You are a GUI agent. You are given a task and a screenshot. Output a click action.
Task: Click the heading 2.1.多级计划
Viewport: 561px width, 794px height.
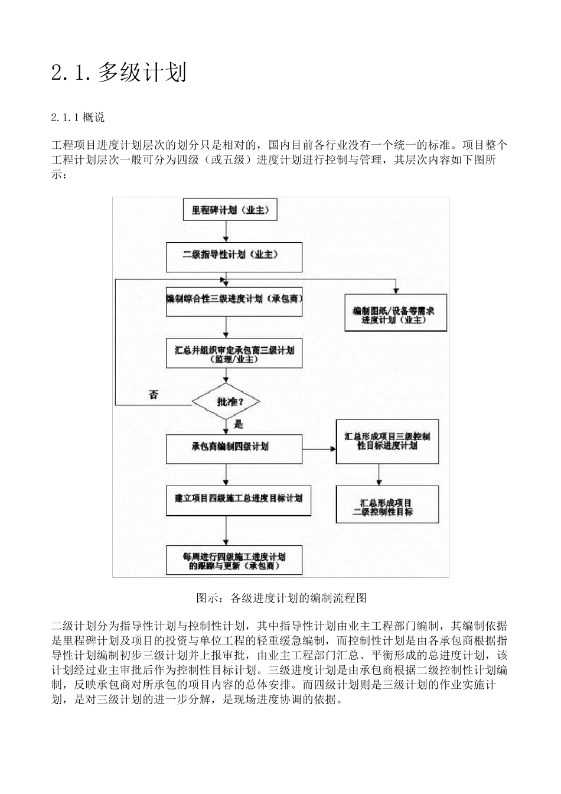point(119,73)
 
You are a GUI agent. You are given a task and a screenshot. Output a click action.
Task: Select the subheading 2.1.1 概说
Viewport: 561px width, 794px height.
point(78,118)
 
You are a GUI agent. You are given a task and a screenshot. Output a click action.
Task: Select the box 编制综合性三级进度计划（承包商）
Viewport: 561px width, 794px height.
point(234,300)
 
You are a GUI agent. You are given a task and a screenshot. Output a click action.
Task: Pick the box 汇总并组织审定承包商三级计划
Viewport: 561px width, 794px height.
point(234,353)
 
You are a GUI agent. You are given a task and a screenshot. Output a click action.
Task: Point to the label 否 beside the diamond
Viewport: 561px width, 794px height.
point(154,395)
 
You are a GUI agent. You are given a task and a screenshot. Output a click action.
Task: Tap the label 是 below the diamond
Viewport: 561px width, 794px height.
point(239,424)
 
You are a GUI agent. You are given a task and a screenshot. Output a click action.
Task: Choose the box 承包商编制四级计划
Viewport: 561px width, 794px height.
point(234,447)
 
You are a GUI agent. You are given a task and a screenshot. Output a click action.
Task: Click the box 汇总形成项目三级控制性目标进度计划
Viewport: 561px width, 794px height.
point(387,441)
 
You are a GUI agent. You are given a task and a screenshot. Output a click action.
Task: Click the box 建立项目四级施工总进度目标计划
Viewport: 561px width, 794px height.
point(238,499)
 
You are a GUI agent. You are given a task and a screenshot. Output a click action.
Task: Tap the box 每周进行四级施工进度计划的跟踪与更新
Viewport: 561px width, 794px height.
point(234,560)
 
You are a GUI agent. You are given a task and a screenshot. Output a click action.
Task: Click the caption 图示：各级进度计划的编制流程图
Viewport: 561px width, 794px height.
point(281,597)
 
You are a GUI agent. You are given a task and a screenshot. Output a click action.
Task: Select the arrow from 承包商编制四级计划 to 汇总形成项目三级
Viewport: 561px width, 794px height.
point(319,448)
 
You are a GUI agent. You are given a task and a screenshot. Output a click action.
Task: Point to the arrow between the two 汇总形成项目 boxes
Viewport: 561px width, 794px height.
point(379,474)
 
